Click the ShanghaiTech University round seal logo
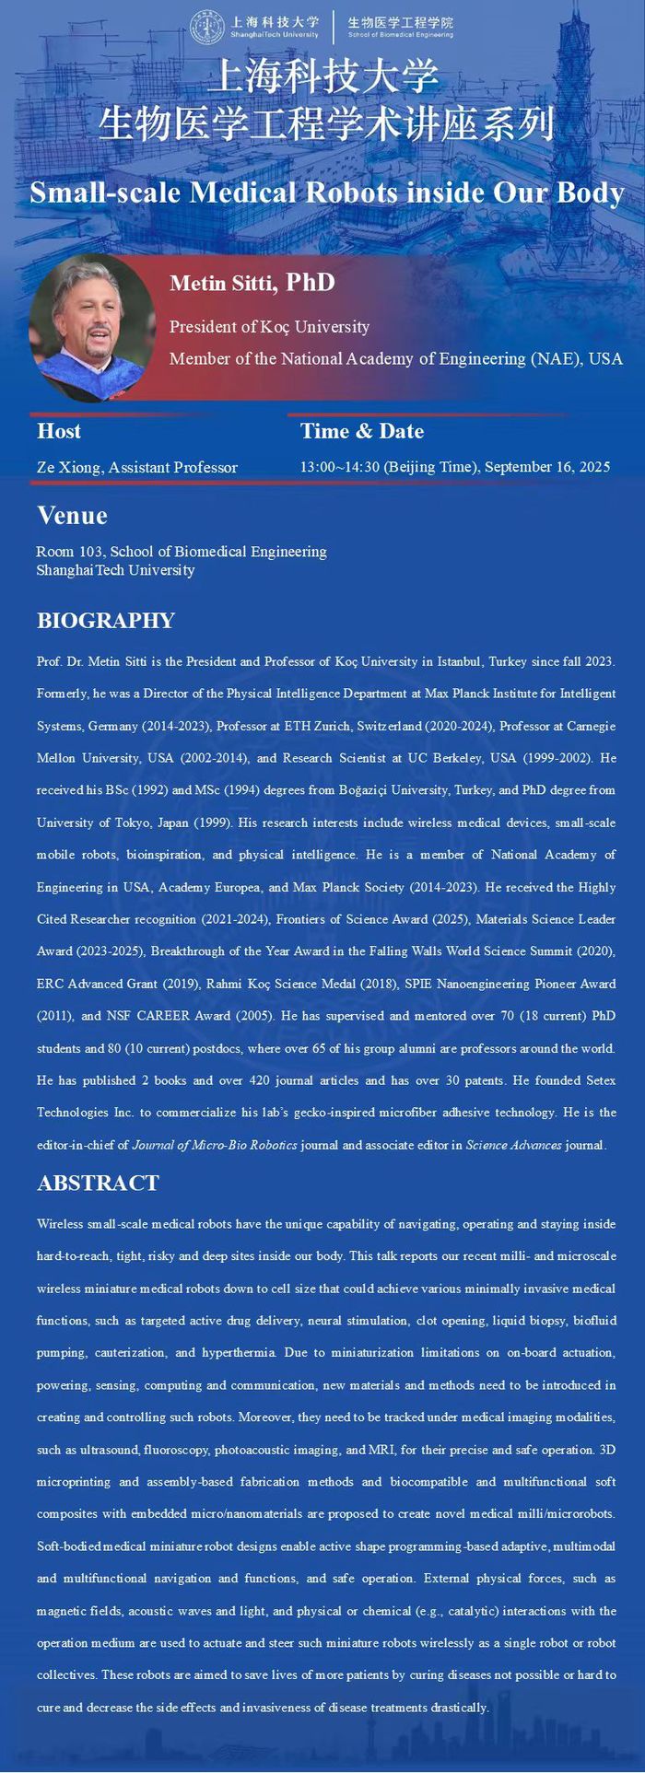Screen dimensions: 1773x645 [208, 27]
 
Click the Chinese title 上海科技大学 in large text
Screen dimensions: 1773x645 [322, 78]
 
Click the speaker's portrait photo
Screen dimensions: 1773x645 [91, 328]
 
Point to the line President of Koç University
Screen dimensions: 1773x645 [269, 327]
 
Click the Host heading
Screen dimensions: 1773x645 [59, 431]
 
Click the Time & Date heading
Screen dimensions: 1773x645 [362, 431]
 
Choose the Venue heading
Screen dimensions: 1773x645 [72, 516]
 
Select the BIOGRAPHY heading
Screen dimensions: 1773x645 [106, 621]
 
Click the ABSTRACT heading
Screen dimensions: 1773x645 [98, 1184]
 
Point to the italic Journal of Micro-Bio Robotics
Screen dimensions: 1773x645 [215, 1146]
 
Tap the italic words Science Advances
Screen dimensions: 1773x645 [513, 1146]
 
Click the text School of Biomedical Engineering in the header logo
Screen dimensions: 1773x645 [401, 34]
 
